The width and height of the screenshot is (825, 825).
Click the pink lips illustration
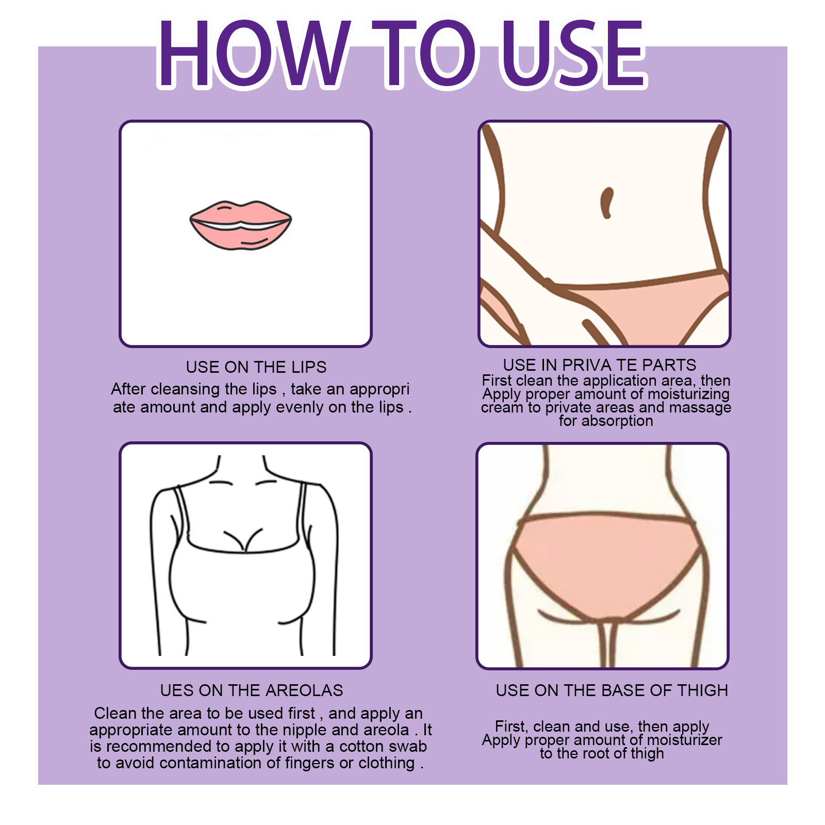(241, 225)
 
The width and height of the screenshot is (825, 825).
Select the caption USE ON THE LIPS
(256, 367)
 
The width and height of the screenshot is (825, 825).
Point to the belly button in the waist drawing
(607, 203)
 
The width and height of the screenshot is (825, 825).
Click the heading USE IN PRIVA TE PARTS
(599, 365)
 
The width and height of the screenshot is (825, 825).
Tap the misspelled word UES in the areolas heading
(174, 690)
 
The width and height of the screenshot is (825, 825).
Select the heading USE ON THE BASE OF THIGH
(612, 690)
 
